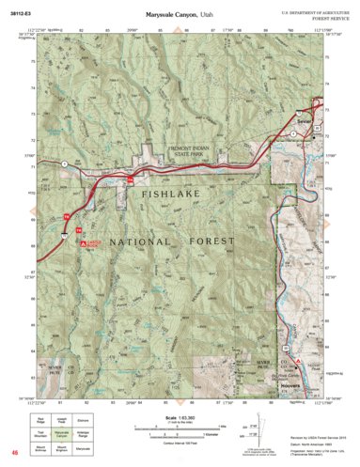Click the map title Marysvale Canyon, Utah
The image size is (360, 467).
(x=180, y=16)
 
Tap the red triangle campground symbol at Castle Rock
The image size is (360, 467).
(x=83, y=243)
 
